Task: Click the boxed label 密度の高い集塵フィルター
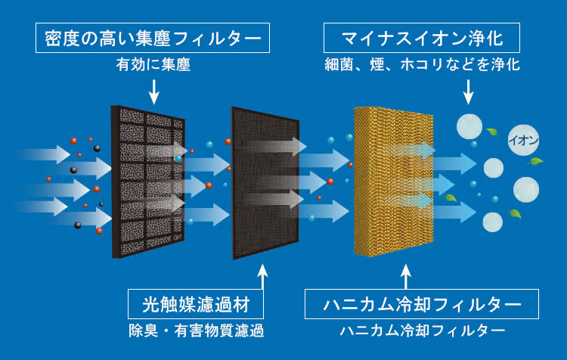coord(153,38)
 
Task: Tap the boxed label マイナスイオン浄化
coord(422,38)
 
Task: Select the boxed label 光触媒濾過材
coord(196,304)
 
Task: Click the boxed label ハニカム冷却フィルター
coord(422,304)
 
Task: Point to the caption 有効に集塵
coord(153,65)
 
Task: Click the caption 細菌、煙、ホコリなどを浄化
coord(422,65)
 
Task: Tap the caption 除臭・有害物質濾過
coord(197,331)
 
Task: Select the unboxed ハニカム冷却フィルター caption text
coord(422,331)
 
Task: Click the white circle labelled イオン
coord(523,140)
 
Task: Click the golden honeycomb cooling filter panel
coord(393,182)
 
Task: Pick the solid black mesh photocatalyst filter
coord(265,183)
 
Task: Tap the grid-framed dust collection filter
coord(148,182)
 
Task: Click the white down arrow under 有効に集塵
coord(154,92)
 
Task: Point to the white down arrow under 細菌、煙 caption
coord(468,92)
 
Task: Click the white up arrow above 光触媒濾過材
coord(263,277)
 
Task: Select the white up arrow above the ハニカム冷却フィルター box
coord(406,277)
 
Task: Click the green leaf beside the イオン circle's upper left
coord(492,132)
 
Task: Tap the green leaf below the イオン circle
coord(535,161)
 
